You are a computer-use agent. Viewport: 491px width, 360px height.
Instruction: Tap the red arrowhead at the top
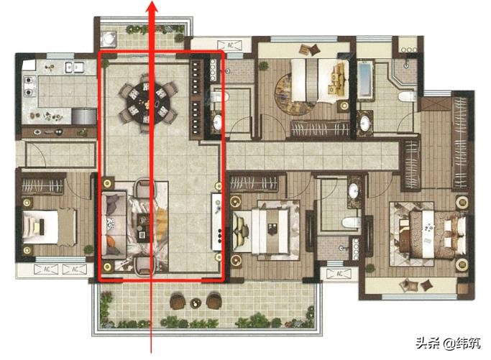[152, 6]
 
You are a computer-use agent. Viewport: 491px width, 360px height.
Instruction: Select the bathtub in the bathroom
[365, 80]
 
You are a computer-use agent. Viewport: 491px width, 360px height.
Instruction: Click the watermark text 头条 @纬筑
[448, 343]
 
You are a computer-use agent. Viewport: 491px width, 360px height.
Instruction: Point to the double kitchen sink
[74, 67]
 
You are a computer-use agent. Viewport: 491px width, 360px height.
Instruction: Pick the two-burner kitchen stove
[28, 86]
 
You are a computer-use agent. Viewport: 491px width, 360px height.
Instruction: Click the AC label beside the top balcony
[230, 45]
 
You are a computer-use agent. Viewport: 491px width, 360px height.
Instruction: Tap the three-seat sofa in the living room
[114, 225]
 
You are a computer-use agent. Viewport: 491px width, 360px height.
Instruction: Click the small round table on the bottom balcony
[196, 303]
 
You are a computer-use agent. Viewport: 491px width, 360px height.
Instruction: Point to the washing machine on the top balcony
[109, 39]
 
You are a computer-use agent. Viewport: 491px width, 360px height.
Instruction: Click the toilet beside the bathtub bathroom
[406, 97]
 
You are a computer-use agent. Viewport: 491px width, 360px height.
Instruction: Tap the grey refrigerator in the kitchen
[84, 116]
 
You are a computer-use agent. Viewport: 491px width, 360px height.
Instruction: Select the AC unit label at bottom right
[339, 274]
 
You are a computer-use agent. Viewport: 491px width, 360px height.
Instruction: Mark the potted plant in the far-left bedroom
[88, 249]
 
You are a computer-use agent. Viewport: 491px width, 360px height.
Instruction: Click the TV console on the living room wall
[217, 221]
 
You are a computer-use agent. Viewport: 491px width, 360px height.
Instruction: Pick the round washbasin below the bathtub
[364, 124]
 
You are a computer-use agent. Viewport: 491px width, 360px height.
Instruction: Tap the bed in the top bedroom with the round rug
[320, 80]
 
